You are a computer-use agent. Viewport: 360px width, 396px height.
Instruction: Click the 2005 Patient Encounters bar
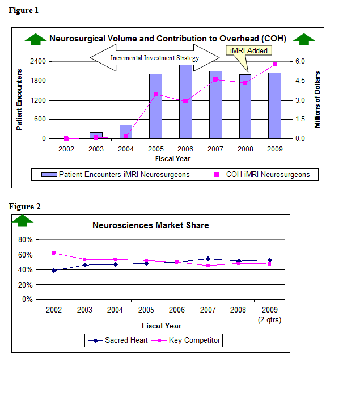[155, 106]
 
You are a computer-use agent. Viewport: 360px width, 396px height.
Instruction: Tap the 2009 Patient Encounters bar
[275, 106]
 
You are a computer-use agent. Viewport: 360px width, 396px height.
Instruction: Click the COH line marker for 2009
[275, 64]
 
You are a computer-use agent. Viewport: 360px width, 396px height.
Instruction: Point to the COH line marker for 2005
[156, 94]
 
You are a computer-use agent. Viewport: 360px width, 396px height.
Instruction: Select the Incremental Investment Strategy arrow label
[155, 58]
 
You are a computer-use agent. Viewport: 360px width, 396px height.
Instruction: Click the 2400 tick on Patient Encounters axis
[38, 61]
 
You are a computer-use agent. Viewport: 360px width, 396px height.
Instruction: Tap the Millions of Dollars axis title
[317, 99]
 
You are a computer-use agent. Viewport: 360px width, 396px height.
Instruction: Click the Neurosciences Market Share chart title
[150, 225]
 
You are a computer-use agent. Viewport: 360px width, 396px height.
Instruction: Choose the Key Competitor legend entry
[190, 340]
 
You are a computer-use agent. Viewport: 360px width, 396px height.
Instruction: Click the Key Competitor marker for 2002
[54, 253]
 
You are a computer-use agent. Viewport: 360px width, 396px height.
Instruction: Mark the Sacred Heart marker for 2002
[54, 271]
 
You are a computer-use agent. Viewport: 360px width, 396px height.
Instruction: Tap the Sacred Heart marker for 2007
[208, 259]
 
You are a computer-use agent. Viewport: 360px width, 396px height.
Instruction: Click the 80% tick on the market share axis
[26, 239]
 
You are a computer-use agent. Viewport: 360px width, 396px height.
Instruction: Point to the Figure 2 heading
[24, 207]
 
